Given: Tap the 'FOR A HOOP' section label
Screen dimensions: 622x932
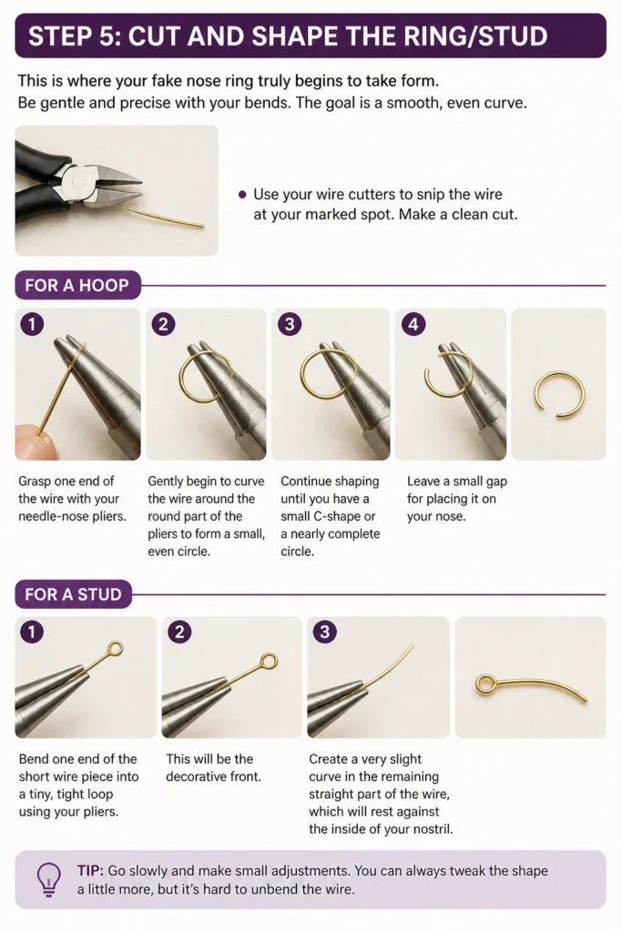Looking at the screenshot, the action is (x=76, y=285).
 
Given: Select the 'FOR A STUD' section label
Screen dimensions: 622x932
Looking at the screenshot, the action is (x=73, y=593).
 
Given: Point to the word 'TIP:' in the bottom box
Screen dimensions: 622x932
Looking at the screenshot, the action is (x=90, y=871).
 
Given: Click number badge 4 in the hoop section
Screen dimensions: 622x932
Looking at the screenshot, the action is (x=413, y=324).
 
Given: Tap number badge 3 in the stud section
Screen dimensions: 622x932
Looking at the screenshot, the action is (x=324, y=632).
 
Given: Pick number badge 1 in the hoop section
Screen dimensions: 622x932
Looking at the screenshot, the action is (x=32, y=324).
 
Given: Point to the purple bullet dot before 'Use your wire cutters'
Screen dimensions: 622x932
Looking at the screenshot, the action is (x=242, y=195).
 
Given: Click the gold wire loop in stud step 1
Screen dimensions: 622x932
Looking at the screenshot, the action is (x=116, y=648).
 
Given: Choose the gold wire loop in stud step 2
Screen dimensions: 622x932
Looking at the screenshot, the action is (x=269, y=661).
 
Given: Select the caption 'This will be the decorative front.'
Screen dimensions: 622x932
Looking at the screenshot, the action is (x=213, y=767).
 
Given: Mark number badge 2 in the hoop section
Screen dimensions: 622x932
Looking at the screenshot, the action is (x=163, y=324).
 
